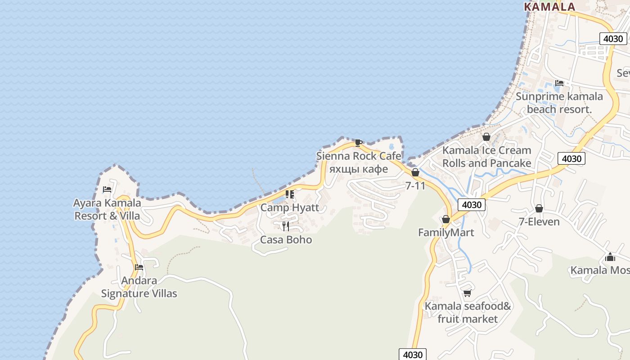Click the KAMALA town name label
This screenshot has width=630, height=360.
(550, 7)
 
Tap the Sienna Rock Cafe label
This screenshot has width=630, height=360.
(359, 156)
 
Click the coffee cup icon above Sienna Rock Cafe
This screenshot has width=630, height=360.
(358, 143)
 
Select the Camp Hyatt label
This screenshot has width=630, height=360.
(289, 207)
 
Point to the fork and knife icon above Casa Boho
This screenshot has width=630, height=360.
(286, 226)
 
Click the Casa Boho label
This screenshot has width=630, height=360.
(286, 239)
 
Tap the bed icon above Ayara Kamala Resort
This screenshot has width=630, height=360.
(107, 189)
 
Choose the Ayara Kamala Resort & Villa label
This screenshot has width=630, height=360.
(107, 209)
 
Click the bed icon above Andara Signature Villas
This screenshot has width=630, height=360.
(139, 267)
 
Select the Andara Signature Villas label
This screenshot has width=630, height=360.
(139, 287)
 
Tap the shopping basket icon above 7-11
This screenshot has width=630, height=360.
(415, 172)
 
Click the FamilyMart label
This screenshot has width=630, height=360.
(446, 232)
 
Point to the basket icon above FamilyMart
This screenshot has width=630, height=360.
(446, 219)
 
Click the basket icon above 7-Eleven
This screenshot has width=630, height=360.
(539, 208)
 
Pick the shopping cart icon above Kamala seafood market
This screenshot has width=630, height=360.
(468, 293)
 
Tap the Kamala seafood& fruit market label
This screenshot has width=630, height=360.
(468, 312)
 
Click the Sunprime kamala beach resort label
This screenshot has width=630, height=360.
(559, 103)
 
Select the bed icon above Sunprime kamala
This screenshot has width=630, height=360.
(559, 83)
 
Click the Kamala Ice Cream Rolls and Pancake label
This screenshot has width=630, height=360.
(486, 156)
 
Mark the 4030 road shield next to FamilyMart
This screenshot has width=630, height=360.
(472, 205)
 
